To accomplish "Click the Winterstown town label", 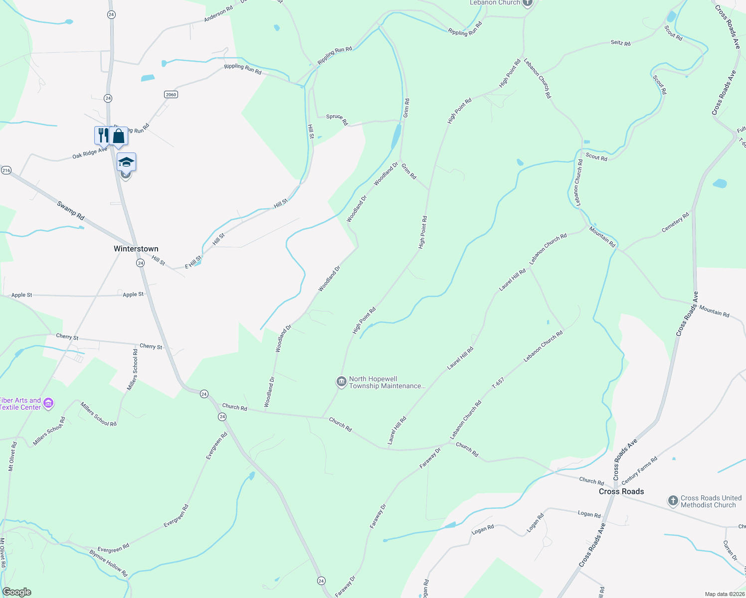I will click(x=136, y=249).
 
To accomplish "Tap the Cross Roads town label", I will click(x=621, y=491).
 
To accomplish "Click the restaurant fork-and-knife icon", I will click(x=102, y=135).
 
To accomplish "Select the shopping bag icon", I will click(x=119, y=136).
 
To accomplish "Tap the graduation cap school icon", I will click(x=126, y=161).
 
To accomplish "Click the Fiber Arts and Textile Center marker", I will click(x=48, y=403).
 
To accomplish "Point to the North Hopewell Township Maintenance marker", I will click(x=341, y=382).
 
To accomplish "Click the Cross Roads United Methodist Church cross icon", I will click(x=673, y=500).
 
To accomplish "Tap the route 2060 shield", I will click(x=171, y=94).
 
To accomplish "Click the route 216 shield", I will click(x=6, y=170).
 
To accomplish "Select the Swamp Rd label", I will click(x=70, y=211).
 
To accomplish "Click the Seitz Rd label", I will click(x=620, y=43).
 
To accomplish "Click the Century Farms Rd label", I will click(x=639, y=470).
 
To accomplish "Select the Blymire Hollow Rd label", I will click(x=109, y=563).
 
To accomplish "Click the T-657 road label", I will click(x=498, y=383).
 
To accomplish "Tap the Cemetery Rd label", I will click(x=675, y=222).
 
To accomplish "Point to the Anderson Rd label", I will click(x=218, y=14).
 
